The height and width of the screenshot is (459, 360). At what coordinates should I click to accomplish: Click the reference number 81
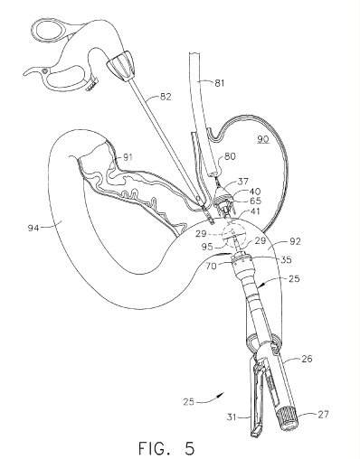[220, 83]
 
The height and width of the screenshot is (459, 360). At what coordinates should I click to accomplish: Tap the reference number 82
[166, 97]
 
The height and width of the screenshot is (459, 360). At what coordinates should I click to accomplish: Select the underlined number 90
[263, 139]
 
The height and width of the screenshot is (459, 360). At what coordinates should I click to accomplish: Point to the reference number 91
[128, 157]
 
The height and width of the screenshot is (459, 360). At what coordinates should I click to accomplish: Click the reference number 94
[33, 228]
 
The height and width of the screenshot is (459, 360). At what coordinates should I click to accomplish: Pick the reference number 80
[230, 156]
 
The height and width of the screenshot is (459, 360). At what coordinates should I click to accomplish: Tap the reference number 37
[243, 182]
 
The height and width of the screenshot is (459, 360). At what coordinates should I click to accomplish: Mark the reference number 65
[256, 201]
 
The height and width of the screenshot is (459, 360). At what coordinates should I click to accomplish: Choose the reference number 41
[254, 211]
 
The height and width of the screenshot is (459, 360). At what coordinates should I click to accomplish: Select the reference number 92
[295, 241]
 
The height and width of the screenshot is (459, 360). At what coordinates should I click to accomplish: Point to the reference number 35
[286, 259]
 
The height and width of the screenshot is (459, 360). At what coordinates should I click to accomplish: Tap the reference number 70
[212, 267]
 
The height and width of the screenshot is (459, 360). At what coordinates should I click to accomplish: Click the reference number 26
[307, 359]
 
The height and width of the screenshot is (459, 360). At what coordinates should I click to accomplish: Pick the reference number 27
[323, 415]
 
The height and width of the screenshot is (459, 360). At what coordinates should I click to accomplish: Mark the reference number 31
[232, 417]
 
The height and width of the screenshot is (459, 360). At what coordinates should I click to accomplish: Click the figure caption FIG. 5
[166, 448]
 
